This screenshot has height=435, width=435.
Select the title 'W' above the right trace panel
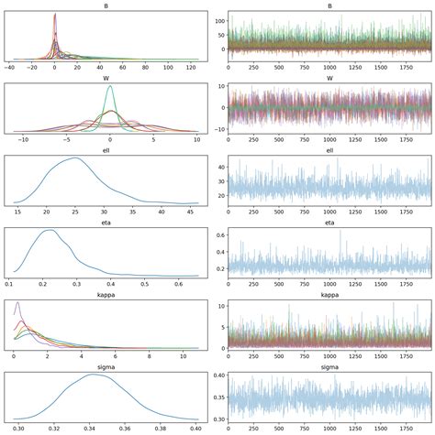click(x=327, y=78)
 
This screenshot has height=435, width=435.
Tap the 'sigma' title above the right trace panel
click(x=327, y=364)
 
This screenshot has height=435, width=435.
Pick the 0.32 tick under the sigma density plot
click(x=55, y=425)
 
